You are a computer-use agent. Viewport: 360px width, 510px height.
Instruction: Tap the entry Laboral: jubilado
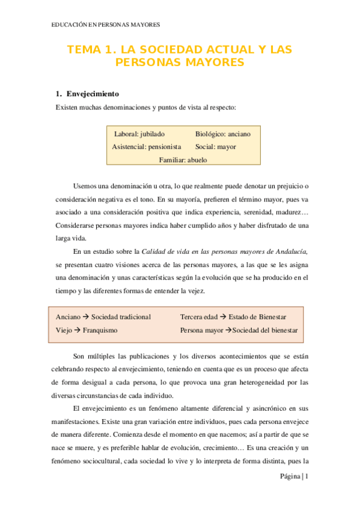[x=139, y=134]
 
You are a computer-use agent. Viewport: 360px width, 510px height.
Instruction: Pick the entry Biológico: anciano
[x=223, y=134]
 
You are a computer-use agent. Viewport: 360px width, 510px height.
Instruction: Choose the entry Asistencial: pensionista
[x=146, y=147]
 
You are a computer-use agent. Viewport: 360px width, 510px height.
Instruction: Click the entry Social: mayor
[x=215, y=147]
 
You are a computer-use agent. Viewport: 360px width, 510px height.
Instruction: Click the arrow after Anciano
[x=85, y=317]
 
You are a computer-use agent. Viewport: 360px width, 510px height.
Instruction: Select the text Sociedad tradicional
[x=121, y=317]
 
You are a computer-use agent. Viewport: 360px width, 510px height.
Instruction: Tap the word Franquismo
[x=100, y=330]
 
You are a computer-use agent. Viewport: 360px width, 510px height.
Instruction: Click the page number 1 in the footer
[x=307, y=477]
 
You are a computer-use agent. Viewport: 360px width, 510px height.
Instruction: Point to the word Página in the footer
[x=289, y=477]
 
